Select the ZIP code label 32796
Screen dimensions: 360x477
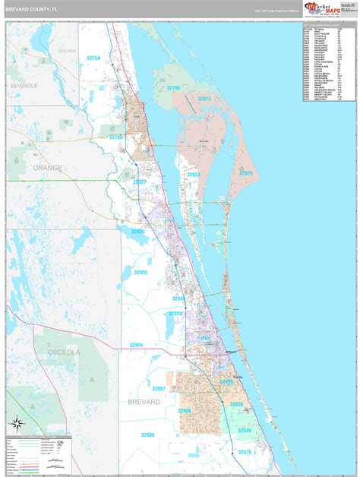point(174,88)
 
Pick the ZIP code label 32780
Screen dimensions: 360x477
point(115,137)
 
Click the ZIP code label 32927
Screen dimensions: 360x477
point(140,182)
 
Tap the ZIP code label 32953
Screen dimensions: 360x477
point(194,174)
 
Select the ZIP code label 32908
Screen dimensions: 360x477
point(185,410)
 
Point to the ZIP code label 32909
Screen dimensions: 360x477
point(147,434)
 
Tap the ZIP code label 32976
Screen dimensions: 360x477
point(244,452)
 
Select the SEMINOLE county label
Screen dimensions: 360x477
point(24,86)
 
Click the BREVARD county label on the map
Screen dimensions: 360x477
point(144,400)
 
